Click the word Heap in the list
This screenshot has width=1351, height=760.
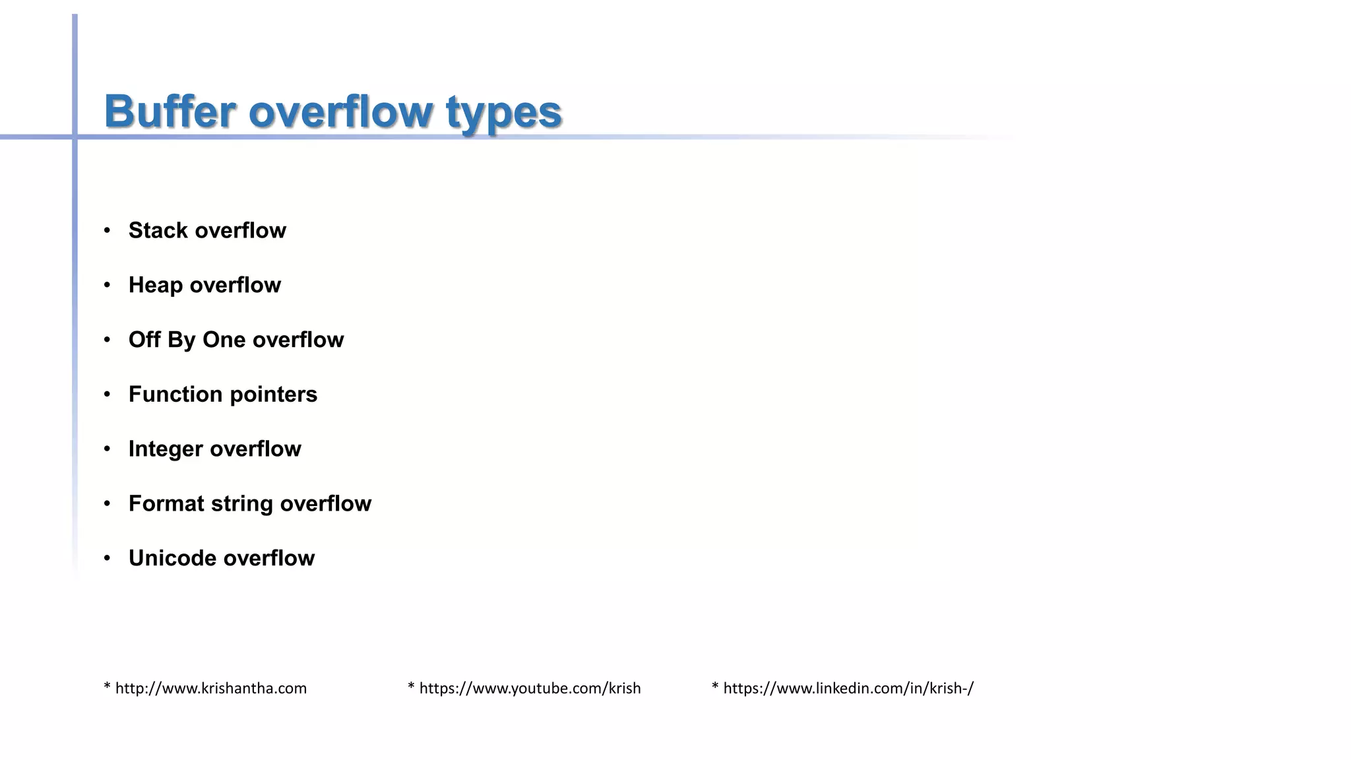(x=156, y=285)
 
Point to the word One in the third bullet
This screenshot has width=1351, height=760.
(x=224, y=340)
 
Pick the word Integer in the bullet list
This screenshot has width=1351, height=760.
(x=166, y=449)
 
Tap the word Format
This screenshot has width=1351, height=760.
(x=166, y=504)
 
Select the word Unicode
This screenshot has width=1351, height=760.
(x=172, y=558)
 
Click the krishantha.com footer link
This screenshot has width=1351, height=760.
(x=210, y=689)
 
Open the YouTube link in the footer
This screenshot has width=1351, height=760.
(x=530, y=689)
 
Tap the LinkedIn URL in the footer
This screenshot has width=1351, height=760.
(x=848, y=689)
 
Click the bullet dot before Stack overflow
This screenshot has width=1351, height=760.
(x=107, y=230)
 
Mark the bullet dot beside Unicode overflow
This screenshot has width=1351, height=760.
(x=107, y=559)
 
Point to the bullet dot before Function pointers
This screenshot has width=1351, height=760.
(x=107, y=395)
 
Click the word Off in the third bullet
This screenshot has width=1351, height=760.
(x=144, y=340)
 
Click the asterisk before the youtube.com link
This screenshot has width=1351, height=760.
(x=411, y=687)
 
